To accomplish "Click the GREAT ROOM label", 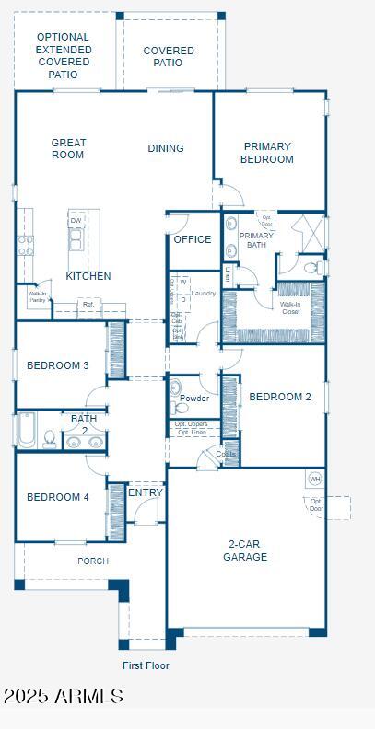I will (x=68, y=148).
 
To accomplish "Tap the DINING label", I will (x=166, y=148).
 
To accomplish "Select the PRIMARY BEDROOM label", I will (x=267, y=153).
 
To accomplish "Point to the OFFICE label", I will (x=193, y=239).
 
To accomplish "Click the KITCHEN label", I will (x=88, y=276).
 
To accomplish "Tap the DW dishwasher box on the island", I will (x=76, y=221).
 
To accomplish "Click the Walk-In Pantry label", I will (x=38, y=296).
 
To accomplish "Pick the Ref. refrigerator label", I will (x=88, y=304).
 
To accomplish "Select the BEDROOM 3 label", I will (x=58, y=365).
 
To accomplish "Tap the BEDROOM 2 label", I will (x=280, y=397).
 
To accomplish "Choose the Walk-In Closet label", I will (x=290, y=307).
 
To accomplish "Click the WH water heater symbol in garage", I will (x=315, y=479).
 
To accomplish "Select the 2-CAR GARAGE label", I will (x=245, y=550).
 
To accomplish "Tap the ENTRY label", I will (x=146, y=492).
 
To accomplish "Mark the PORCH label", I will (x=93, y=561).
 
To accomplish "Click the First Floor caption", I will (x=146, y=665).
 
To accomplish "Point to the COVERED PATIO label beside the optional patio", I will (x=169, y=57).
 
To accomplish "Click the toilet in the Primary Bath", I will (x=312, y=268).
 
